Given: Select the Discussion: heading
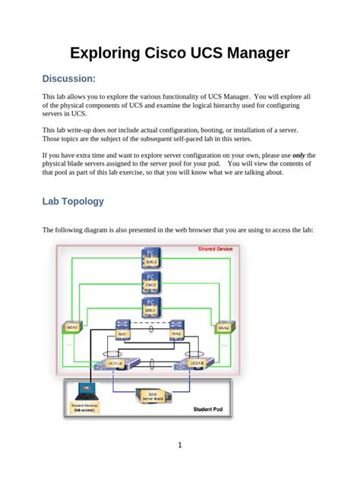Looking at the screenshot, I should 68,79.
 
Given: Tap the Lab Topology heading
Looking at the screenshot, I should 73,202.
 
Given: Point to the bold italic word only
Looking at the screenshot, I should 301,155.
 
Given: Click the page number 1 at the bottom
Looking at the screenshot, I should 180,446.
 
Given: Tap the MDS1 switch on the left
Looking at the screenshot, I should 72,327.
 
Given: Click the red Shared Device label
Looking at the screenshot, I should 216,249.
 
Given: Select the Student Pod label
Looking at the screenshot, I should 207,410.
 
